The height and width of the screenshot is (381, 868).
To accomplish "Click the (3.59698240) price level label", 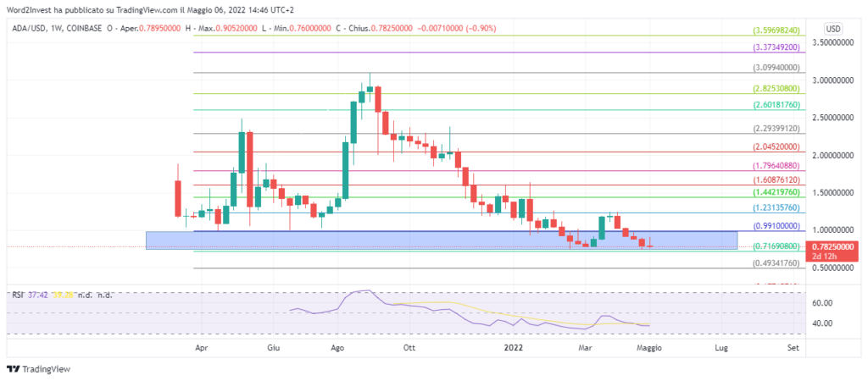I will coord(776,30).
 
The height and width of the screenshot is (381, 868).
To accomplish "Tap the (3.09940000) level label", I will coord(776,68).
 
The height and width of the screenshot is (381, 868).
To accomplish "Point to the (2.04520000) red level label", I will coord(776,146).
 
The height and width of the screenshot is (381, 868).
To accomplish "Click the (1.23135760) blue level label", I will coord(776,207).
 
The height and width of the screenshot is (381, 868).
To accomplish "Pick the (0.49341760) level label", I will coord(776,263).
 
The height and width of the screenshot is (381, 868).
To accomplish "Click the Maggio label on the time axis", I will coord(649,347).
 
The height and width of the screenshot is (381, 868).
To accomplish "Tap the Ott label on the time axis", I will coord(409,347).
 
